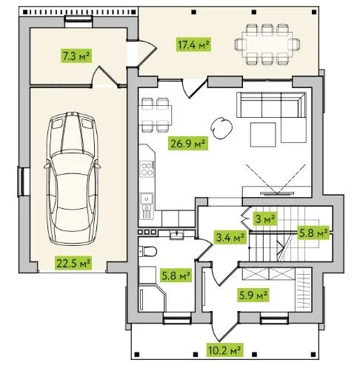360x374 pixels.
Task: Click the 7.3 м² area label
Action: (76, 56)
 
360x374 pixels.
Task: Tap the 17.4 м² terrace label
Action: (194, 44)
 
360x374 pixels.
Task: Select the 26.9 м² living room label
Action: (188, 143)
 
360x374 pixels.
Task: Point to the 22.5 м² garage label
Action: (73, 263)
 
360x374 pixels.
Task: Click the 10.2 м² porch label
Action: (224, 350)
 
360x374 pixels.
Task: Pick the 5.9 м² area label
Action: (253, 295)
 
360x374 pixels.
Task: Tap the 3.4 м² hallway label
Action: (230, 237)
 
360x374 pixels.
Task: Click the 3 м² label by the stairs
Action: (265, 218)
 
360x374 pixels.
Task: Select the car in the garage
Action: (72, 178)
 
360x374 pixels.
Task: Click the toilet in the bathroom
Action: (147, 252)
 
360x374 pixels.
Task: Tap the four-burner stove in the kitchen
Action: (147, 169)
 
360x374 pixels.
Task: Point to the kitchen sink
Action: (147, 198)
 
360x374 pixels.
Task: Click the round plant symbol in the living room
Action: (221, 127)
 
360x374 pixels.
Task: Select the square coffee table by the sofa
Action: (263, 135)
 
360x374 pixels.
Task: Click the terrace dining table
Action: (267, 44)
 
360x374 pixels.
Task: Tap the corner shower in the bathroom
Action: (152, 298)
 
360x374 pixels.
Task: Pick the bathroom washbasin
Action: (176, 235)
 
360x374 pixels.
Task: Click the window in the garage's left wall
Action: (21, 181)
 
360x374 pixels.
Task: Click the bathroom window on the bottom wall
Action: (177, 320)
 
